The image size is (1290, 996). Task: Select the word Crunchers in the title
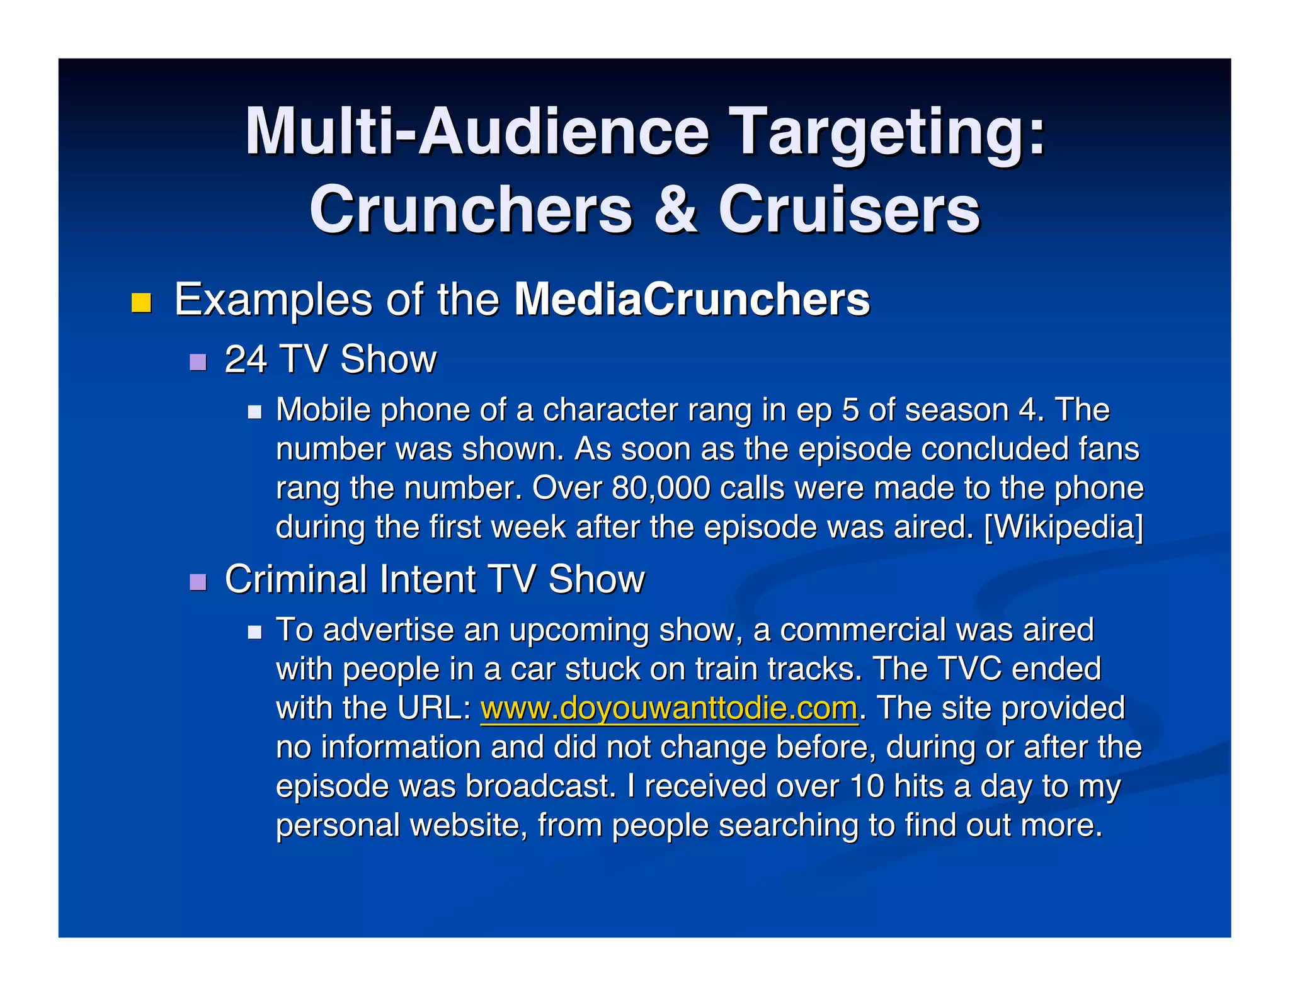coord(471,209)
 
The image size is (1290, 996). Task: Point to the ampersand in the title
coord(675,209)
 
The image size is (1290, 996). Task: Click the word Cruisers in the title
coord(849,209)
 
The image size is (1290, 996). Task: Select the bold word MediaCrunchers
coord(692,299)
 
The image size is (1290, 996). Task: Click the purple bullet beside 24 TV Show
coord(198,362)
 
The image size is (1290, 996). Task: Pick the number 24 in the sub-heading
coord(246,359)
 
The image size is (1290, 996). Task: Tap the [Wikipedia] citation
coord(1063,527)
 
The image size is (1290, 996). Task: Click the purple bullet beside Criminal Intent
coord(198,582)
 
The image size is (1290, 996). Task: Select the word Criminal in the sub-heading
coord(296,579)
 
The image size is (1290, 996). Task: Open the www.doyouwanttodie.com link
coord(669,708)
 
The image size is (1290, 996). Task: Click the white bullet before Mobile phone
coord(254,412)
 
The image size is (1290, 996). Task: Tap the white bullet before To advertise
coord(254,632)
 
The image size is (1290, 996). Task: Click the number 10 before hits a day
coord(867,786)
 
